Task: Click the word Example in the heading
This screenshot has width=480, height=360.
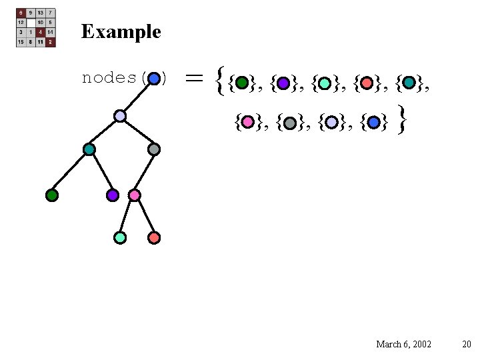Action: (121, 31)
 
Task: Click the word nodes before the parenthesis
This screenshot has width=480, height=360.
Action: (109, 78)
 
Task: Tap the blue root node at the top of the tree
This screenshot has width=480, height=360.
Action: (154, 78)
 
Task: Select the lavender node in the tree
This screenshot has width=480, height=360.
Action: (120, 116)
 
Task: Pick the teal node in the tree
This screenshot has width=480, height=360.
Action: (89, 149)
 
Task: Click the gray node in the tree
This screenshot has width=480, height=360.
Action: (154, 149)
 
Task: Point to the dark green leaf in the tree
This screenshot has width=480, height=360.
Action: (52, 195)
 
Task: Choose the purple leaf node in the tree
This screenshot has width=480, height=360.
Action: (113, 195)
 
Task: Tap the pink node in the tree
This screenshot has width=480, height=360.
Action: (134, 195)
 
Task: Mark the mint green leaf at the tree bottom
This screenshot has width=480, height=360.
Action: (120, 237)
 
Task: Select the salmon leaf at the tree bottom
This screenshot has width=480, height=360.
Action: (154, 237)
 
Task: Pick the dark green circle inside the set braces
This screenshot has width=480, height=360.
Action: (242, 83)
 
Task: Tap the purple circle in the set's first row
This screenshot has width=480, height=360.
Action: (283, 83)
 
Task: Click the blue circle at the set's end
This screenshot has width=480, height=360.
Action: (373, 123)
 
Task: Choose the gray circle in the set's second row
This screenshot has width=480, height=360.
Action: (289, 123)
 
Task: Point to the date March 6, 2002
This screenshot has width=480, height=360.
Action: (403, 344)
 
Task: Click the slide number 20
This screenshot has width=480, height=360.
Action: (466, 344)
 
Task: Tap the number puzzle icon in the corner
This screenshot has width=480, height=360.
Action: (36, 27)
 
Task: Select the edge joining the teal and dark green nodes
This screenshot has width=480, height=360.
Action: (70, 173)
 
